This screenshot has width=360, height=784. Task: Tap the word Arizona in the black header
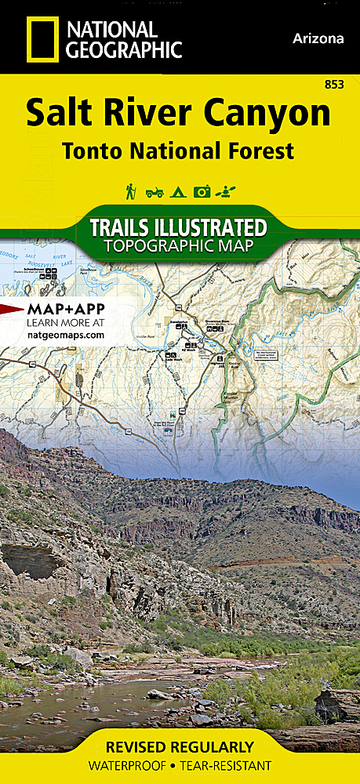click(x=318, y=38)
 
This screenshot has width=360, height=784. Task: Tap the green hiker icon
click(x=130, y=191)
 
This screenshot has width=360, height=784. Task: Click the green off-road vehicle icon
click(x=155, y=191)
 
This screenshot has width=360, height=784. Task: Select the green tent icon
click(x=178, y=191)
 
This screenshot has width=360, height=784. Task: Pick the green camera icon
click(x=202, y=191)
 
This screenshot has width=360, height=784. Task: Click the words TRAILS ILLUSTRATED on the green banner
click(x=179, y=228)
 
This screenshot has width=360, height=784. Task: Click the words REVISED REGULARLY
click(x=180, y=746)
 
